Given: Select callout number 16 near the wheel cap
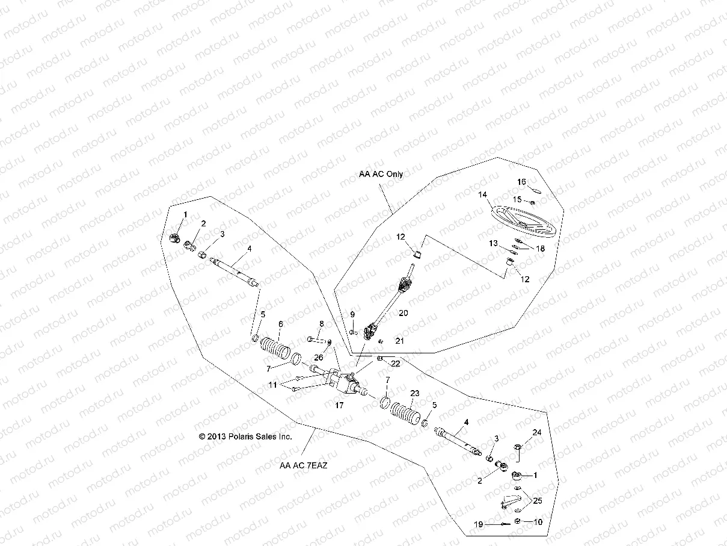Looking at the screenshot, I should coord(521,181).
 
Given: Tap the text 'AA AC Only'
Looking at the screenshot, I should coord(381,174).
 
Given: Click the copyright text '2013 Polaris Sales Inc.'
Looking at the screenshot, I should coord(245,436).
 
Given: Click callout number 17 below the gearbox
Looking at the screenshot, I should coord(339,406).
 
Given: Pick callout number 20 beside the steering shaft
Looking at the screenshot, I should coord(403,313).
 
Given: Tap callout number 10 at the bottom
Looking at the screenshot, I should coord(538,522).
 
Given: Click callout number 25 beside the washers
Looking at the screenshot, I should coord(537,501).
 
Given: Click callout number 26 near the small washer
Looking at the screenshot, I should coord(318,357).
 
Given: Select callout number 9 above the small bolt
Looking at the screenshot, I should coord(352,314).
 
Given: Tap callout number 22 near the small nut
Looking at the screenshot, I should coord(395,364).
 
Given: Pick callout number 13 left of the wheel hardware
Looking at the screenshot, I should coord(493,243).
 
